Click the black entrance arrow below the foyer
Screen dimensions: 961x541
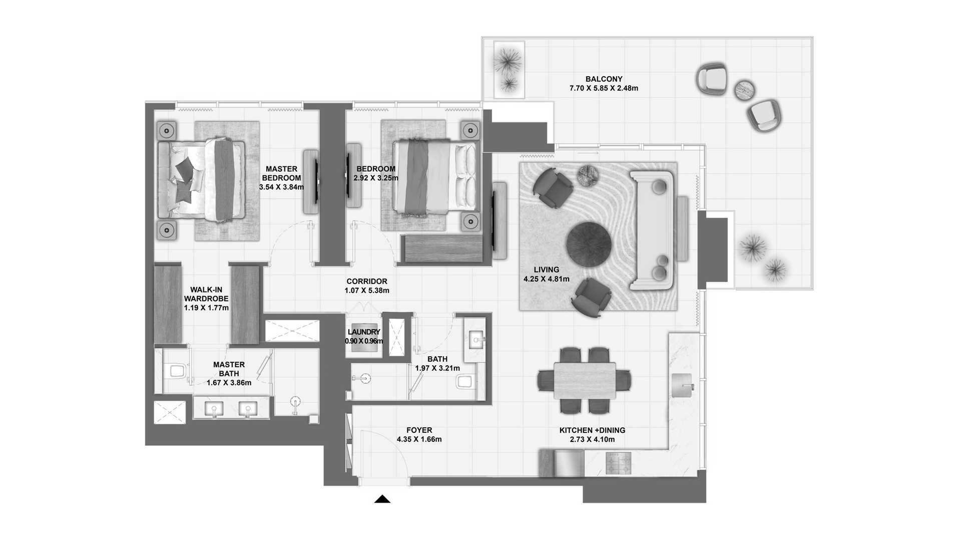coord(382,499)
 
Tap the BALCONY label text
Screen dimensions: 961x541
coord(604,79)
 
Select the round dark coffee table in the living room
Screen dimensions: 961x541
coord(589,244)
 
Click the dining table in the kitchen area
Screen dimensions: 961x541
coord(585,381)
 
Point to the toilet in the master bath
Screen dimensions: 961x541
coord(177,371)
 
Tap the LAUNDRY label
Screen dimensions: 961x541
coord(364,332)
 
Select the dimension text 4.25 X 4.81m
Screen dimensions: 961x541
coord(546,279)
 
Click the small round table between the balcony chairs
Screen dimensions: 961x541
coord(745,90)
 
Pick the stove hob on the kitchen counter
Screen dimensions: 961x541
coord(619,463)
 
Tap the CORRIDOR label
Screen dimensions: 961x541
coord(367,282)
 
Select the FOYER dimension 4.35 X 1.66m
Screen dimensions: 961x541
coord(419,439)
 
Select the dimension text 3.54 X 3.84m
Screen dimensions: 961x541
coord(281,187)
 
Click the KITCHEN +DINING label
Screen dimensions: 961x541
coord(592,430)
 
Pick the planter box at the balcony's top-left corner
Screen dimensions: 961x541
coord(509,70)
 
